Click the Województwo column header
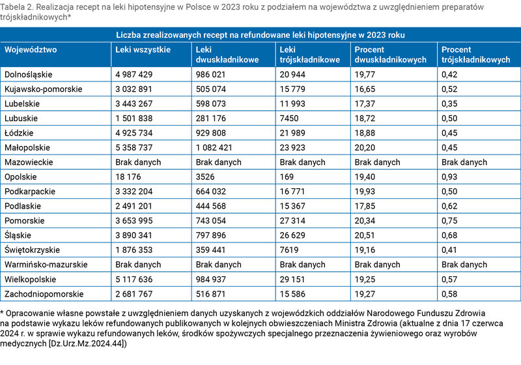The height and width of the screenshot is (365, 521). click(31, 50)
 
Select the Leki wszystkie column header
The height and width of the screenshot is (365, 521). click(143, 50)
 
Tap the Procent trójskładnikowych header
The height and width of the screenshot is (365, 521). click(476, 55)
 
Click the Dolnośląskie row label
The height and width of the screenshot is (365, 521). click(28, 74)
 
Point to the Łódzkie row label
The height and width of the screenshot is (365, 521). click(19, 133)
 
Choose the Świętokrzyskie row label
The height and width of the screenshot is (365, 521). click(32, 250)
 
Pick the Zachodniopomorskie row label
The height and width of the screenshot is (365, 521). click(44, 294)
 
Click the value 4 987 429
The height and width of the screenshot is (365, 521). click(134, 74)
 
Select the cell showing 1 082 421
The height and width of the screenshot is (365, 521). click(214, 147)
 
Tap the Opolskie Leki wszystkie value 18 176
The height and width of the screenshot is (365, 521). click(128, 177)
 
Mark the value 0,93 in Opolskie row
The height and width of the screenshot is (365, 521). click(449, 177)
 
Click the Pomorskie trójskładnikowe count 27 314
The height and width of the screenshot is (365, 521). click(292, 221)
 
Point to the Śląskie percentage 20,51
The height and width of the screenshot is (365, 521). click(365, 235)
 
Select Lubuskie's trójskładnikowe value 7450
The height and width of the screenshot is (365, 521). click(289, 119)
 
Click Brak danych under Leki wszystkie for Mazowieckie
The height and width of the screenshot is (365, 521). click(138, 162)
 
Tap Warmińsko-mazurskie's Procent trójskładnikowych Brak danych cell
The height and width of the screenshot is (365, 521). click(464, 265)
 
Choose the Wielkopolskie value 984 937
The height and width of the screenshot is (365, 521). click(210, 279)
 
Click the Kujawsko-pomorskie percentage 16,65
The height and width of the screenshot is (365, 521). click(365, 89)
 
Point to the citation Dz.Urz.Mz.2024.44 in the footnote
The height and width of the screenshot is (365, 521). click(87, 343)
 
